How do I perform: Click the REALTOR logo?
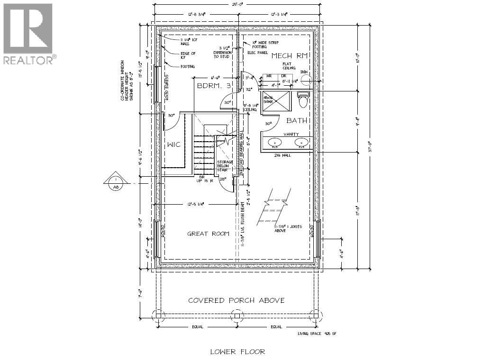(x=28, y=33)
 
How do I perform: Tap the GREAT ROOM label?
(x=208, y=234)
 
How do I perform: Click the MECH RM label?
(x=290, y=56)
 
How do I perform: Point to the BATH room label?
(x=297, y=121)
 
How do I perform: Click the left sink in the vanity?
(x=273, y=142)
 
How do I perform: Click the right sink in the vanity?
(x=300, y=142)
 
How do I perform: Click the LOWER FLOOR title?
(x=237, y=351)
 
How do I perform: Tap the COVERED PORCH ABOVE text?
(x=236, y=300)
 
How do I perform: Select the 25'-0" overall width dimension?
(x=238, y=5)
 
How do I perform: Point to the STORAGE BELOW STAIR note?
(x=226, y=165)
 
